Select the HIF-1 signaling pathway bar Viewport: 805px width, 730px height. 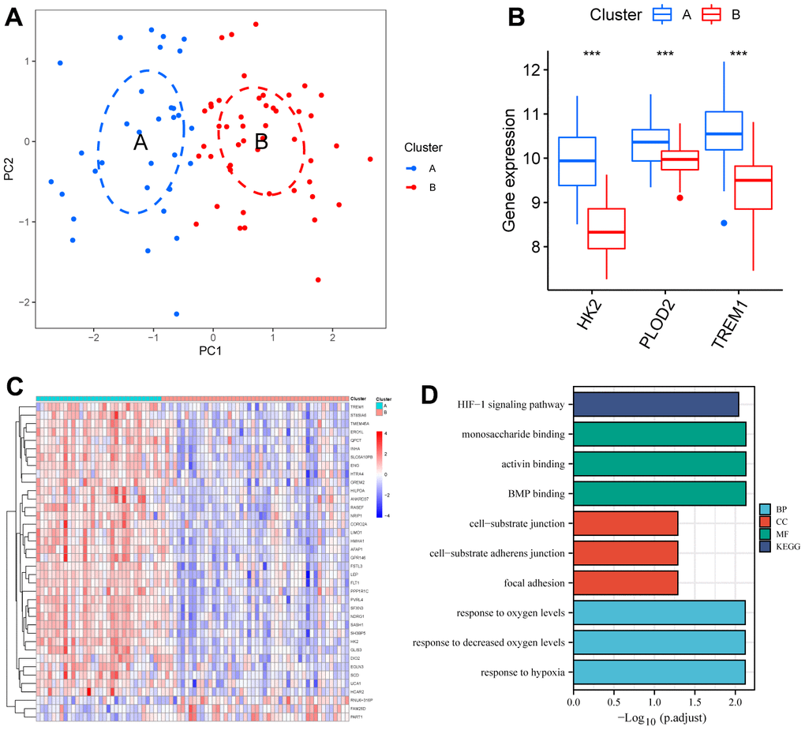[x=656, y=404]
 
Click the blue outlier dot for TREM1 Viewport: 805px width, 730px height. [x=724, y=223]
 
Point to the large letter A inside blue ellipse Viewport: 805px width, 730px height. [x=140, y=142]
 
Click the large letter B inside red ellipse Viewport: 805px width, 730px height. [x=261, y=142]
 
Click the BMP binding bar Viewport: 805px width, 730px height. [x=659, y=493]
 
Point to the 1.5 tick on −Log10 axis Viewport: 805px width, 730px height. [x=695, y=700]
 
